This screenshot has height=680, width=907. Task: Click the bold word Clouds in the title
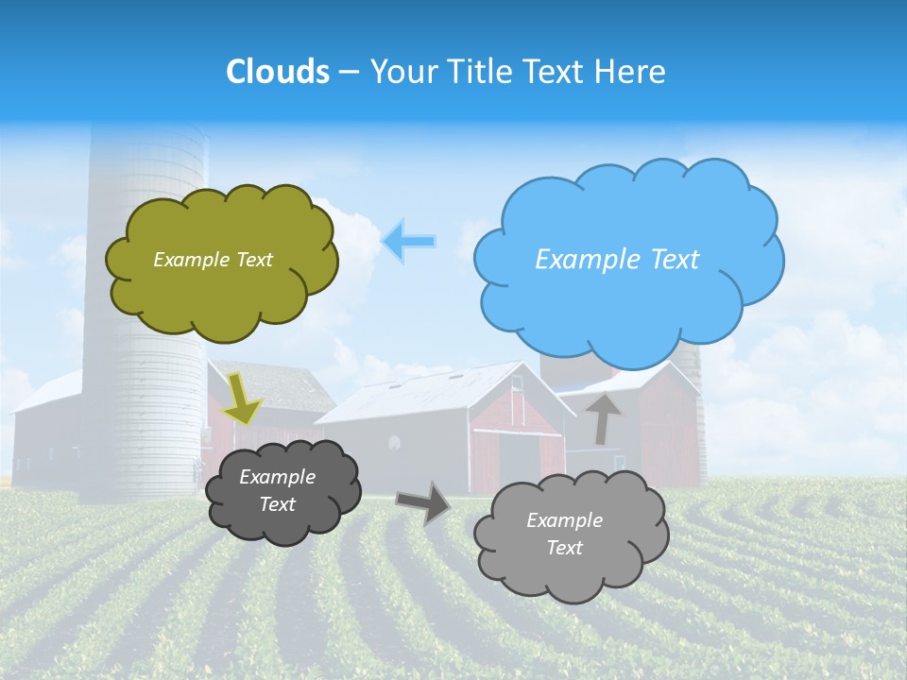278,72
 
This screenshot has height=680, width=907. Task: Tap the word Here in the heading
630,72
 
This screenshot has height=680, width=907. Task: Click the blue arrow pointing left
409,242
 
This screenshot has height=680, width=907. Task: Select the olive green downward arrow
243,398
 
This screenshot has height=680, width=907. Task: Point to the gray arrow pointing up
603,417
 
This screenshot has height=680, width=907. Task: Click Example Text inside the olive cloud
213,260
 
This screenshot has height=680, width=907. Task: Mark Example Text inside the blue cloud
617,260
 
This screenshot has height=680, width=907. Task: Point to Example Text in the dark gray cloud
277,491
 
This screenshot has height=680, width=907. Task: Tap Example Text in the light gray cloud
564,535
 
